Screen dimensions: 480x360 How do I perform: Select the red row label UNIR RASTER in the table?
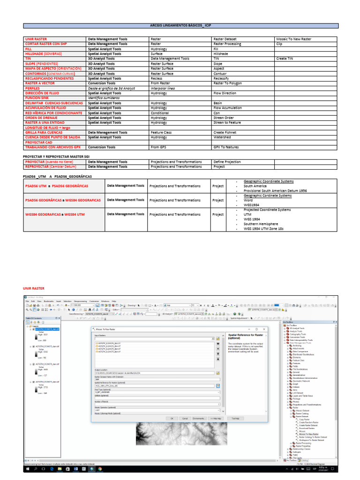[36, 39]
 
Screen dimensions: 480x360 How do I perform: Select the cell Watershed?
[222, 137]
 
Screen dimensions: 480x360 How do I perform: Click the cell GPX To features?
[226, 147]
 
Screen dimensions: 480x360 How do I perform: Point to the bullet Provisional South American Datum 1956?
[275, 191]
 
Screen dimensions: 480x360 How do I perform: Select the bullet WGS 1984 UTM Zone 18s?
[270, 229]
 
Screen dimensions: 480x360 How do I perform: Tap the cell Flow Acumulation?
[227, 108]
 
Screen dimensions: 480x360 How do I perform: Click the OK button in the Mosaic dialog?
[172, 418]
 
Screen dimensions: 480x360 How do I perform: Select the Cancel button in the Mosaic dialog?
[185, 418]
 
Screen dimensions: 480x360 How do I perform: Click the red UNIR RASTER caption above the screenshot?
[34, 289]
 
